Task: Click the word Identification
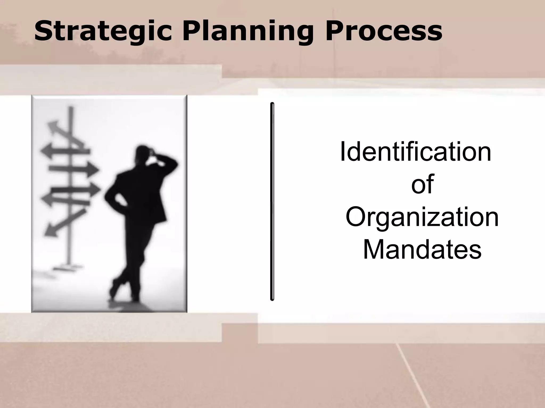pos(415,152)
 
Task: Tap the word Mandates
pos(422,250)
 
